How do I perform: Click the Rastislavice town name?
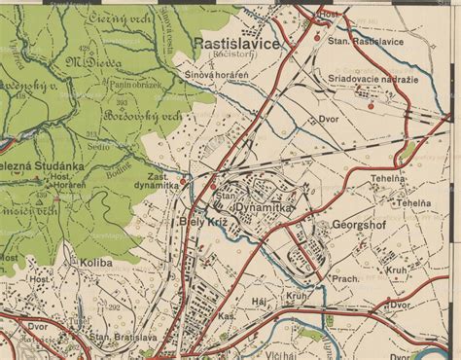[236, 44]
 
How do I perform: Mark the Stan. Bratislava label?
[124, 337]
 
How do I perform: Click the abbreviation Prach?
[345, 279]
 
